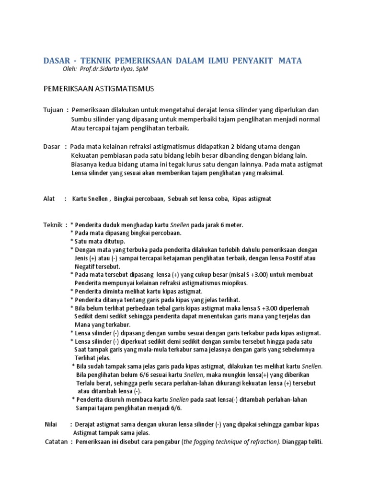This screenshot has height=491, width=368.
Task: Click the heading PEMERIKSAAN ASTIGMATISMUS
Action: (99, 89)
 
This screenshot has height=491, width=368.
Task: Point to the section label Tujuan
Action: (53, 110)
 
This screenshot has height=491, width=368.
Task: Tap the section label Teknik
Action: (53, 224)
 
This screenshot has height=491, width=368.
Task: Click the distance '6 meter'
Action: (231, 224)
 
